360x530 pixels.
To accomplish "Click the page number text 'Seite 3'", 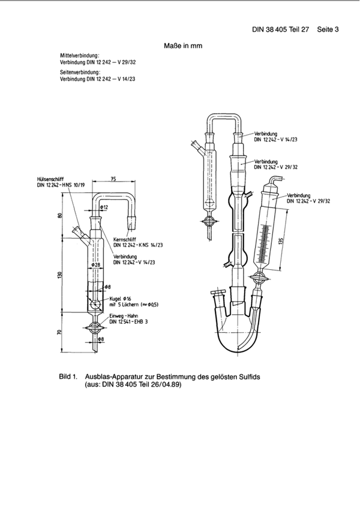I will point(328,28).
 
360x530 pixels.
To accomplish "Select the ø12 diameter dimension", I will point(104,207).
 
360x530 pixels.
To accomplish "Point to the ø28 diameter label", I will point(95,264).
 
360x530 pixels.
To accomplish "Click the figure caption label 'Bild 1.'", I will point(68,377).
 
